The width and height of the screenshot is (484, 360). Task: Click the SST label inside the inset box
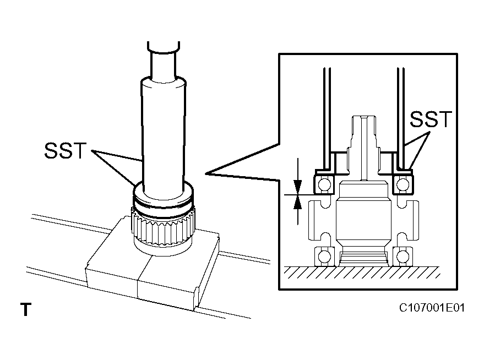[431, 119]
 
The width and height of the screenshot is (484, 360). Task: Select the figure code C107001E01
[432, 307]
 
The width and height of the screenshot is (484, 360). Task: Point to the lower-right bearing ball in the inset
[404, 256]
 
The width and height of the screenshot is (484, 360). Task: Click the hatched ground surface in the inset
[363, 272]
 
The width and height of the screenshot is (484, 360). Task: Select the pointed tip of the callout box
[207, 174]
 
